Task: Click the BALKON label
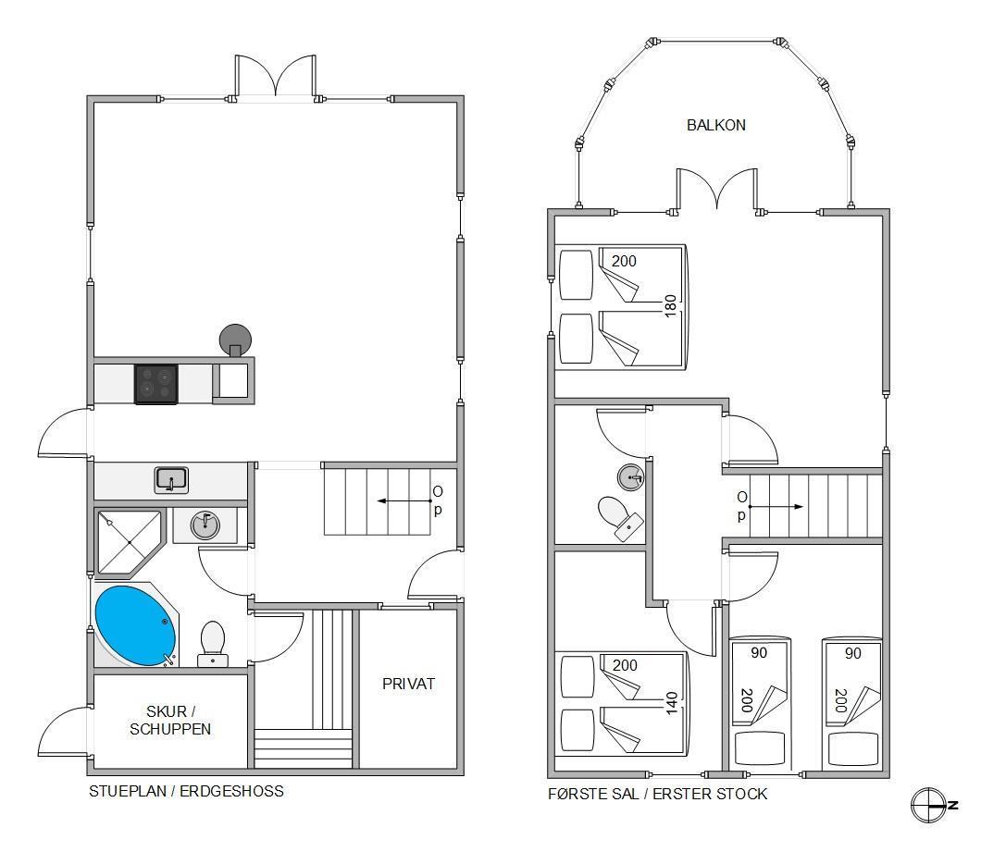click(715, 125)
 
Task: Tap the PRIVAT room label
click(408, 684)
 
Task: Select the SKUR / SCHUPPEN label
click(170, 720)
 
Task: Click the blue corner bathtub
click(136, 625)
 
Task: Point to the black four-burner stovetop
click(156, 384)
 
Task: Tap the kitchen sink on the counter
click(171, 480)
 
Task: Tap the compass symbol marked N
click(933, 805)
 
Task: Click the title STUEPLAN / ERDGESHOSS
click(186, 791)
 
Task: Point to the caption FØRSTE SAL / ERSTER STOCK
click(657, 794)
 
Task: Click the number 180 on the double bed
click(670, 306)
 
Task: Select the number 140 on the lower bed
click(671, 703)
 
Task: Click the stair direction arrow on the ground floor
click(404, 501)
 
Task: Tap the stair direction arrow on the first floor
click(776, 506)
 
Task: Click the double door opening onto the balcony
click(717, 189)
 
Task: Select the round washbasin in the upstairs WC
click(630, 478)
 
